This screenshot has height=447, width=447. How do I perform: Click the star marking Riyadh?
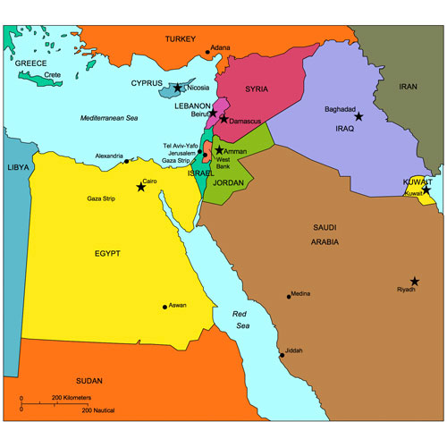click(x=415, y=282)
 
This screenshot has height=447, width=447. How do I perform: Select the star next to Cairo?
click(x=140, y=187)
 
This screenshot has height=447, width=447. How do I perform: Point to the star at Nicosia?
click(x=178, y=88)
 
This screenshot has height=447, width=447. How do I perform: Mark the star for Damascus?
click(x=223, y=119)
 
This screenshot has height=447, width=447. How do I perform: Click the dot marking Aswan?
click(x=164, y=307)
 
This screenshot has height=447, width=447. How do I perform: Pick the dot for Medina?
click(x=289, y=296)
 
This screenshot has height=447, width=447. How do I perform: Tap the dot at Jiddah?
click(x=282, y=355)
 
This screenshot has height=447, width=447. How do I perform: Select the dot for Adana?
click(x=207, y=49)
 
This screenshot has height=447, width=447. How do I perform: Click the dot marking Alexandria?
click(x=126, y=162)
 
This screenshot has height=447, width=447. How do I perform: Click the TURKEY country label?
click(x=181, y=39)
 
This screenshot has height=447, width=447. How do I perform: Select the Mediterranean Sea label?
click(x=110, y=118)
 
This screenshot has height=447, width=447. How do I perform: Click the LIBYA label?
click(x=17, y=167)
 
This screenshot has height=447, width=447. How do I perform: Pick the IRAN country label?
click(x=409, y=87)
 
